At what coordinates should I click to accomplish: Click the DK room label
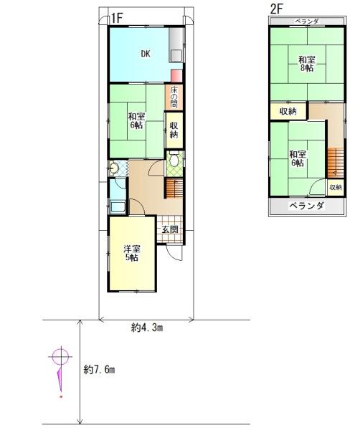pos(145,53)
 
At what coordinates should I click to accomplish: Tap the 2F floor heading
pos(277,9)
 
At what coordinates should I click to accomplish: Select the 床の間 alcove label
pos(174,97)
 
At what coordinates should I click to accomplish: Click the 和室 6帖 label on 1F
pos(137,120)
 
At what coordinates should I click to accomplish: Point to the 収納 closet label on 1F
pos(174,130)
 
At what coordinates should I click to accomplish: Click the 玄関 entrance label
pos(170,229)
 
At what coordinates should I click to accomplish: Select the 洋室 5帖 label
pos(131,253)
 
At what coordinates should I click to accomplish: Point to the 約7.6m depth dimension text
pos(99,370)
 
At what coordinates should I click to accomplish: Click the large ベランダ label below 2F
pos(307,206)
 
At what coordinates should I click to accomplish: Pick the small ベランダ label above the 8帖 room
pos(307,21)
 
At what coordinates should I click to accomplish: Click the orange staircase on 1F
pos(174,188)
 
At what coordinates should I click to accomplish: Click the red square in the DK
pos(175,75)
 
